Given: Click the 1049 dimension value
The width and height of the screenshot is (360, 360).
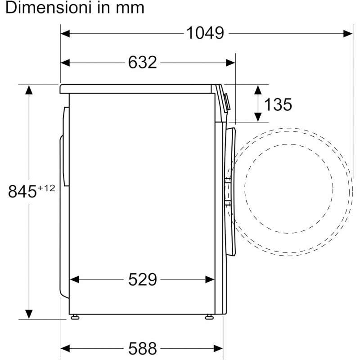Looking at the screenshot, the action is click(205, 33).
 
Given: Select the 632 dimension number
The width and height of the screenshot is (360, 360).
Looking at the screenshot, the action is click(142, 62).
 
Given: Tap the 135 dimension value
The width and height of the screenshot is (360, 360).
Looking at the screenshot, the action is click(278, 104).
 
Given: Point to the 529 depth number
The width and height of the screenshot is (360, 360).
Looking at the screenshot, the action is click(142, 279).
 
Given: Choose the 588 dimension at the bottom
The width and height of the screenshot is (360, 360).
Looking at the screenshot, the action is click(142, 348).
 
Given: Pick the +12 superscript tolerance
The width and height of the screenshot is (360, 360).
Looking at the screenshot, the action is click(46, 188).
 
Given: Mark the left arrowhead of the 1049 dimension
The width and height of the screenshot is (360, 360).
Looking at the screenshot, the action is click(65, 33).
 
